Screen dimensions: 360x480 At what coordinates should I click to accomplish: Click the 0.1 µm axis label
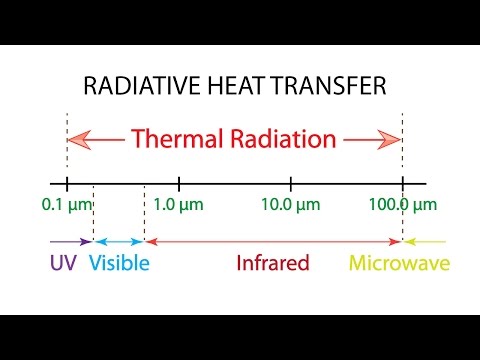[x=67, y=206]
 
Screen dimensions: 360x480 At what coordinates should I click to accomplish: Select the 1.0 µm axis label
[x=179, y=206]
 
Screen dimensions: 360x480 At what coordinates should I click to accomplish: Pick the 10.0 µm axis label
[x=291, y=206]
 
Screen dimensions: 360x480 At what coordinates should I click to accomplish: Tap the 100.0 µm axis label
[x=402, y=206]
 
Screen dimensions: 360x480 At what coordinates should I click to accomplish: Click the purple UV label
[x=62, y=264]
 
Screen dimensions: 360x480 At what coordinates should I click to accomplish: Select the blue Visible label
[x=119, y=264]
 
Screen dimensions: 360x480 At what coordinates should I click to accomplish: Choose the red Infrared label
[x=272, y=264]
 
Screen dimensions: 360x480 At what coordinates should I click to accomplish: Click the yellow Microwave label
[x=398, y=264]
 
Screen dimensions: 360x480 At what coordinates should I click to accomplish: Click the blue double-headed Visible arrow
[x=119, y=242]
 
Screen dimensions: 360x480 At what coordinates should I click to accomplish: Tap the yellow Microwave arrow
[x=424, y=242]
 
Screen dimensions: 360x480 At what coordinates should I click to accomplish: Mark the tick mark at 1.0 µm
[x=179, y=184]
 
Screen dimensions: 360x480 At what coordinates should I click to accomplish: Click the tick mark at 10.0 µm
[x=291, y=184]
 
